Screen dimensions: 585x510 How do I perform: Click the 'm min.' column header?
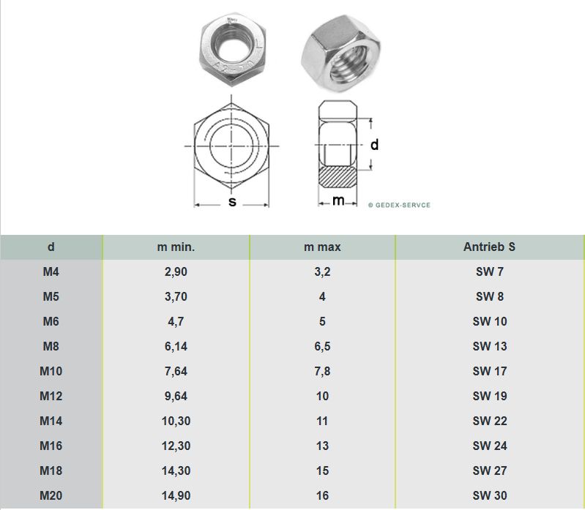tap(176, 247)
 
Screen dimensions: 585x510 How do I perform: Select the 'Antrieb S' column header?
tap(489, 247)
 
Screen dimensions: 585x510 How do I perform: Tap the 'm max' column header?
tap(322, 247)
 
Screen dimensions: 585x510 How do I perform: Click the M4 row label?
tap(51, 271)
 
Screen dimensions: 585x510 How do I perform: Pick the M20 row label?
tap(51, 495)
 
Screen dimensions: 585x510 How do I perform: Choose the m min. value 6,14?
tap(176, 346)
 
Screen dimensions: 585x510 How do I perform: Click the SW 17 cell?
tap(490, 371)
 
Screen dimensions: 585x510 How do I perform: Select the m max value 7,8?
tap(322, 371)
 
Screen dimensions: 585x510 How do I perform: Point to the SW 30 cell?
tap(490, 495)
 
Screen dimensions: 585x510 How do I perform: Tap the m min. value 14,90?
tap(176, 495)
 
